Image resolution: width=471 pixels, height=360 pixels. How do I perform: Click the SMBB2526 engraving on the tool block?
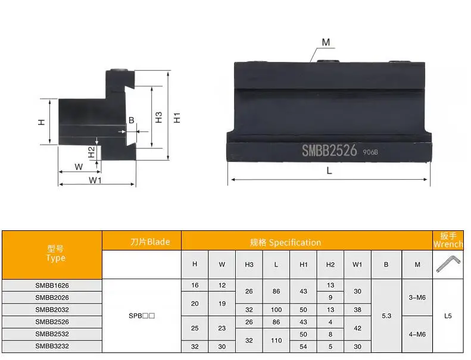(x=329, y=151)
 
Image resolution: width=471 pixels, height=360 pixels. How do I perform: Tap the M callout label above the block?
(x=326, y=42)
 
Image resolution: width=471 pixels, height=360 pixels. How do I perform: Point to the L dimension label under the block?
(x=329, y=171)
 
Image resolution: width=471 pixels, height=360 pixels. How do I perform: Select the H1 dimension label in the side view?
(x=177, y=117)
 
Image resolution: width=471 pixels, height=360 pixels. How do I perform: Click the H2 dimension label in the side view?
(x=91, y=152)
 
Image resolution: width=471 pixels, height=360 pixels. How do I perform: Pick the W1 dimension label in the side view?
(x=95, y=180)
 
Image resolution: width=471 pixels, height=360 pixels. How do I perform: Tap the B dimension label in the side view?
(x=131, y=120)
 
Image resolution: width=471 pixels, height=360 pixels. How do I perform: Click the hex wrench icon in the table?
(x=448, y=264)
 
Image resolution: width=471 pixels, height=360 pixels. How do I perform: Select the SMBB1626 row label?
(x=52, y=285)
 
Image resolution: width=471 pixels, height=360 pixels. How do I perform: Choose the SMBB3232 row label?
(x=52, y=346)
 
